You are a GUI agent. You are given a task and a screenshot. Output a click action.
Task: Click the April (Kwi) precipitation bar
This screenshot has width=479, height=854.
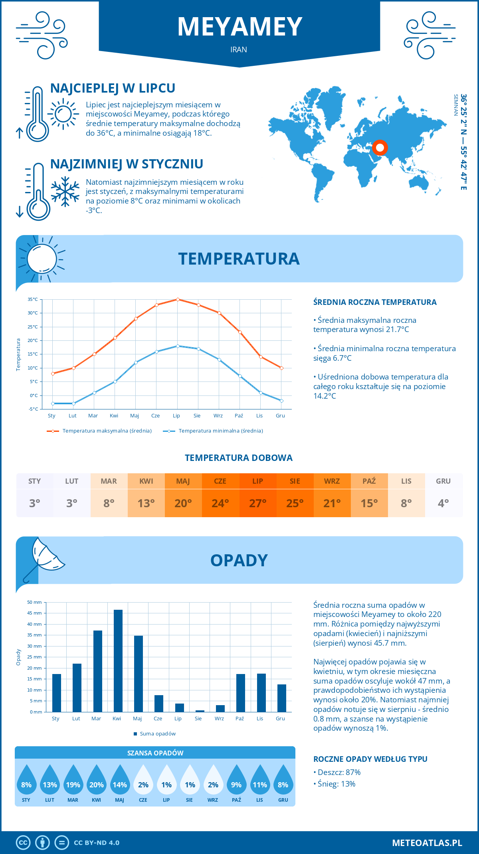[x=118, y=660]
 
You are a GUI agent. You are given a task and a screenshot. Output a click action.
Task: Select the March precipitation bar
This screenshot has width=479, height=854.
[x=98, y=671]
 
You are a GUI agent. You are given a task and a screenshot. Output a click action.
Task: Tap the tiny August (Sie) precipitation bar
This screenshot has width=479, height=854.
[x=200, y=711]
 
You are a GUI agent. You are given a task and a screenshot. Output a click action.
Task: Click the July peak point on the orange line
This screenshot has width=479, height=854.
[x=178, y=299]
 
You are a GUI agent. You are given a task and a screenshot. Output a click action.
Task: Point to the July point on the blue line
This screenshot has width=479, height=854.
[x=178, y=346]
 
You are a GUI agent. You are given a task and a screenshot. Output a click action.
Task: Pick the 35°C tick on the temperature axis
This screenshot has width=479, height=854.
[x=33, y=299]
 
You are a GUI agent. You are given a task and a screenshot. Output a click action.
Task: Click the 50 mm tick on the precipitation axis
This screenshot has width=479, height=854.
[x=34, y=602]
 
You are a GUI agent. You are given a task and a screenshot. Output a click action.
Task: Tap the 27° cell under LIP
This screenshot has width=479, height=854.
[x=257, y=503]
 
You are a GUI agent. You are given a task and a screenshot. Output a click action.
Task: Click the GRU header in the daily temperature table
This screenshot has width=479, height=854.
[x=443, y=481]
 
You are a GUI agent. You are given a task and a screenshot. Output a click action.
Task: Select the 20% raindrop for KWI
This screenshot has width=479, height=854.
[x=96, y=785]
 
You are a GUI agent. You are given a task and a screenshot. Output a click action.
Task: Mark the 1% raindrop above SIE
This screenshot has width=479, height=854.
[x=190, y=785]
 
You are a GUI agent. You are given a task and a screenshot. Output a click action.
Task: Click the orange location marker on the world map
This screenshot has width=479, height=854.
[x=380, y=148]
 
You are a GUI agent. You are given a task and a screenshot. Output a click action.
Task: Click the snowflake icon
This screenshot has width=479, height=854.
[x=65, y=192]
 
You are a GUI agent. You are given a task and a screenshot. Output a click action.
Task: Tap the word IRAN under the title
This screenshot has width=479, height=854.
[x=239, y=49]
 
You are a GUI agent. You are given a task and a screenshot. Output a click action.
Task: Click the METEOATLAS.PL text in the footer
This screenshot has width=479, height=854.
[x=427, y=842]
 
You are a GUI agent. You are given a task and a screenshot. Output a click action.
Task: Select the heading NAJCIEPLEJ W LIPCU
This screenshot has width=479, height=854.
[x=113, y=88]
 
